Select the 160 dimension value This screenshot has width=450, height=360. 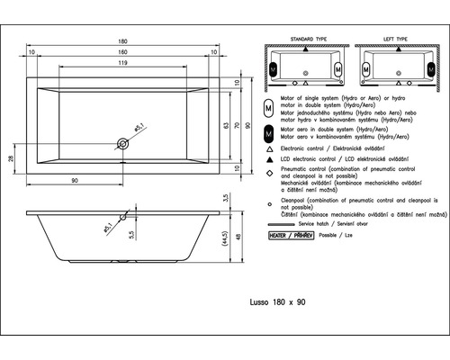tap(123, 51)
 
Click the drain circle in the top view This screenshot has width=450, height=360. tap(123, 140)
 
